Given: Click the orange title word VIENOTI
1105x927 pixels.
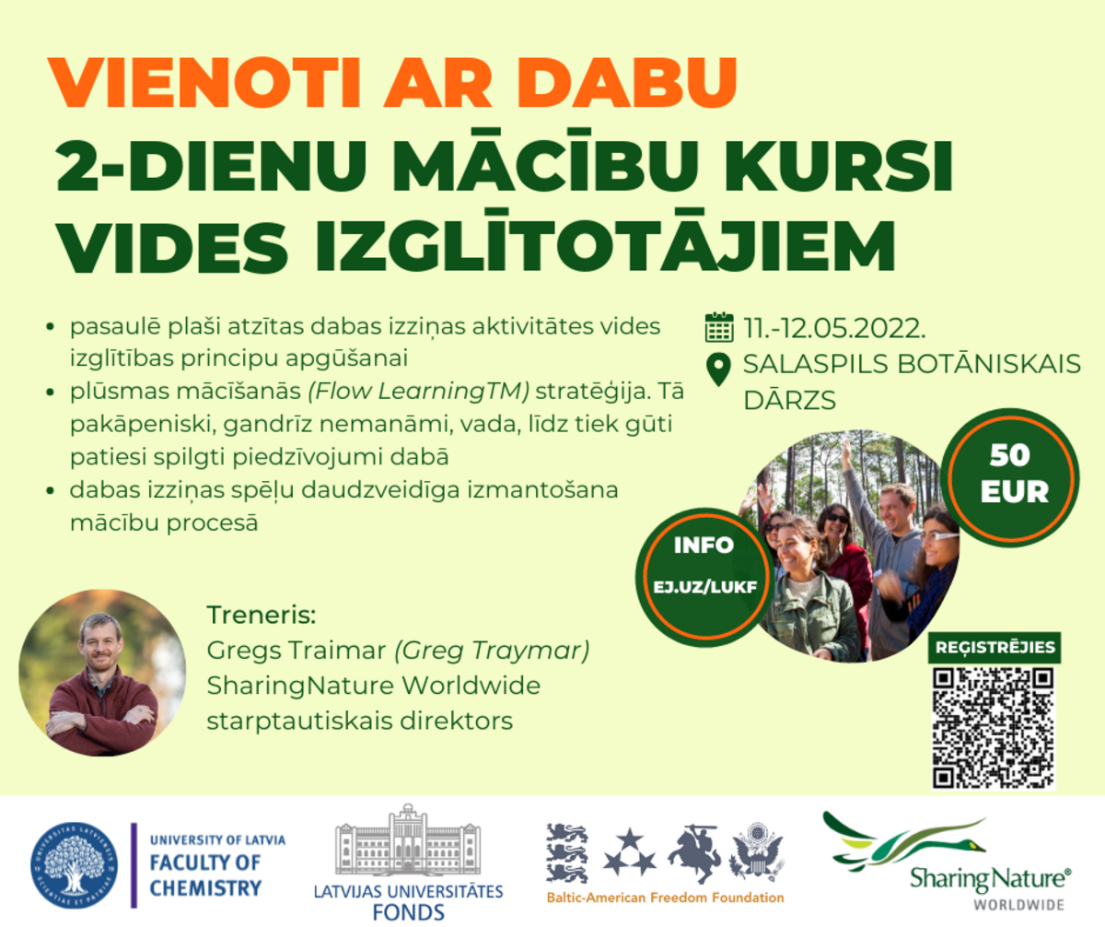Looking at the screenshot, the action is pyautogui.click(x=204, y=82).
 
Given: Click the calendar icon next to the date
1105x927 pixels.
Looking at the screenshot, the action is pyautogui.click(x=719, y=327).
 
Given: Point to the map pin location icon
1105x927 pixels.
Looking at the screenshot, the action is pyautogui.click(x=718, y=370).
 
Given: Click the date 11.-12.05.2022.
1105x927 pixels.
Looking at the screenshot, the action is pyautogui.click(x=834, y=328).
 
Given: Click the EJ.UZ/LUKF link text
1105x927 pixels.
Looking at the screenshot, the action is pyautogui.click(x=705, y=587).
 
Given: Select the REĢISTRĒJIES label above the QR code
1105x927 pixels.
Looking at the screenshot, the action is pyautogui.click(x=994, y=647).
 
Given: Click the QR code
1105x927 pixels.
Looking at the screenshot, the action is pyautogui.click(x=994, y=728).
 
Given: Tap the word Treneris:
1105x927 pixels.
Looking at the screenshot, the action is pyautogui.click(x=261, y=615).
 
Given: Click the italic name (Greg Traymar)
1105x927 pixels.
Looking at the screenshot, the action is pyautogui.click(x=492, y=651).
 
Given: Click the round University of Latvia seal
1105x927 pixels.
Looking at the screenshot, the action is pyautogui.click(x=74, y=866).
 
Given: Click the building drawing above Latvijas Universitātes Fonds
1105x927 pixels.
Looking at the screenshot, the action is pyautogui.click(x=408, y=839).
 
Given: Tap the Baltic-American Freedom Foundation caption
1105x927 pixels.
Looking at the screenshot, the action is pyautogui.click(x=665, y=898).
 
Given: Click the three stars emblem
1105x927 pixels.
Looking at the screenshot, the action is pyautogui.click(x=630, y=852).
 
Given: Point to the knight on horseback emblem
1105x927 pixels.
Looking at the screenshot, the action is pyautogui.click(x=692, y=853).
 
